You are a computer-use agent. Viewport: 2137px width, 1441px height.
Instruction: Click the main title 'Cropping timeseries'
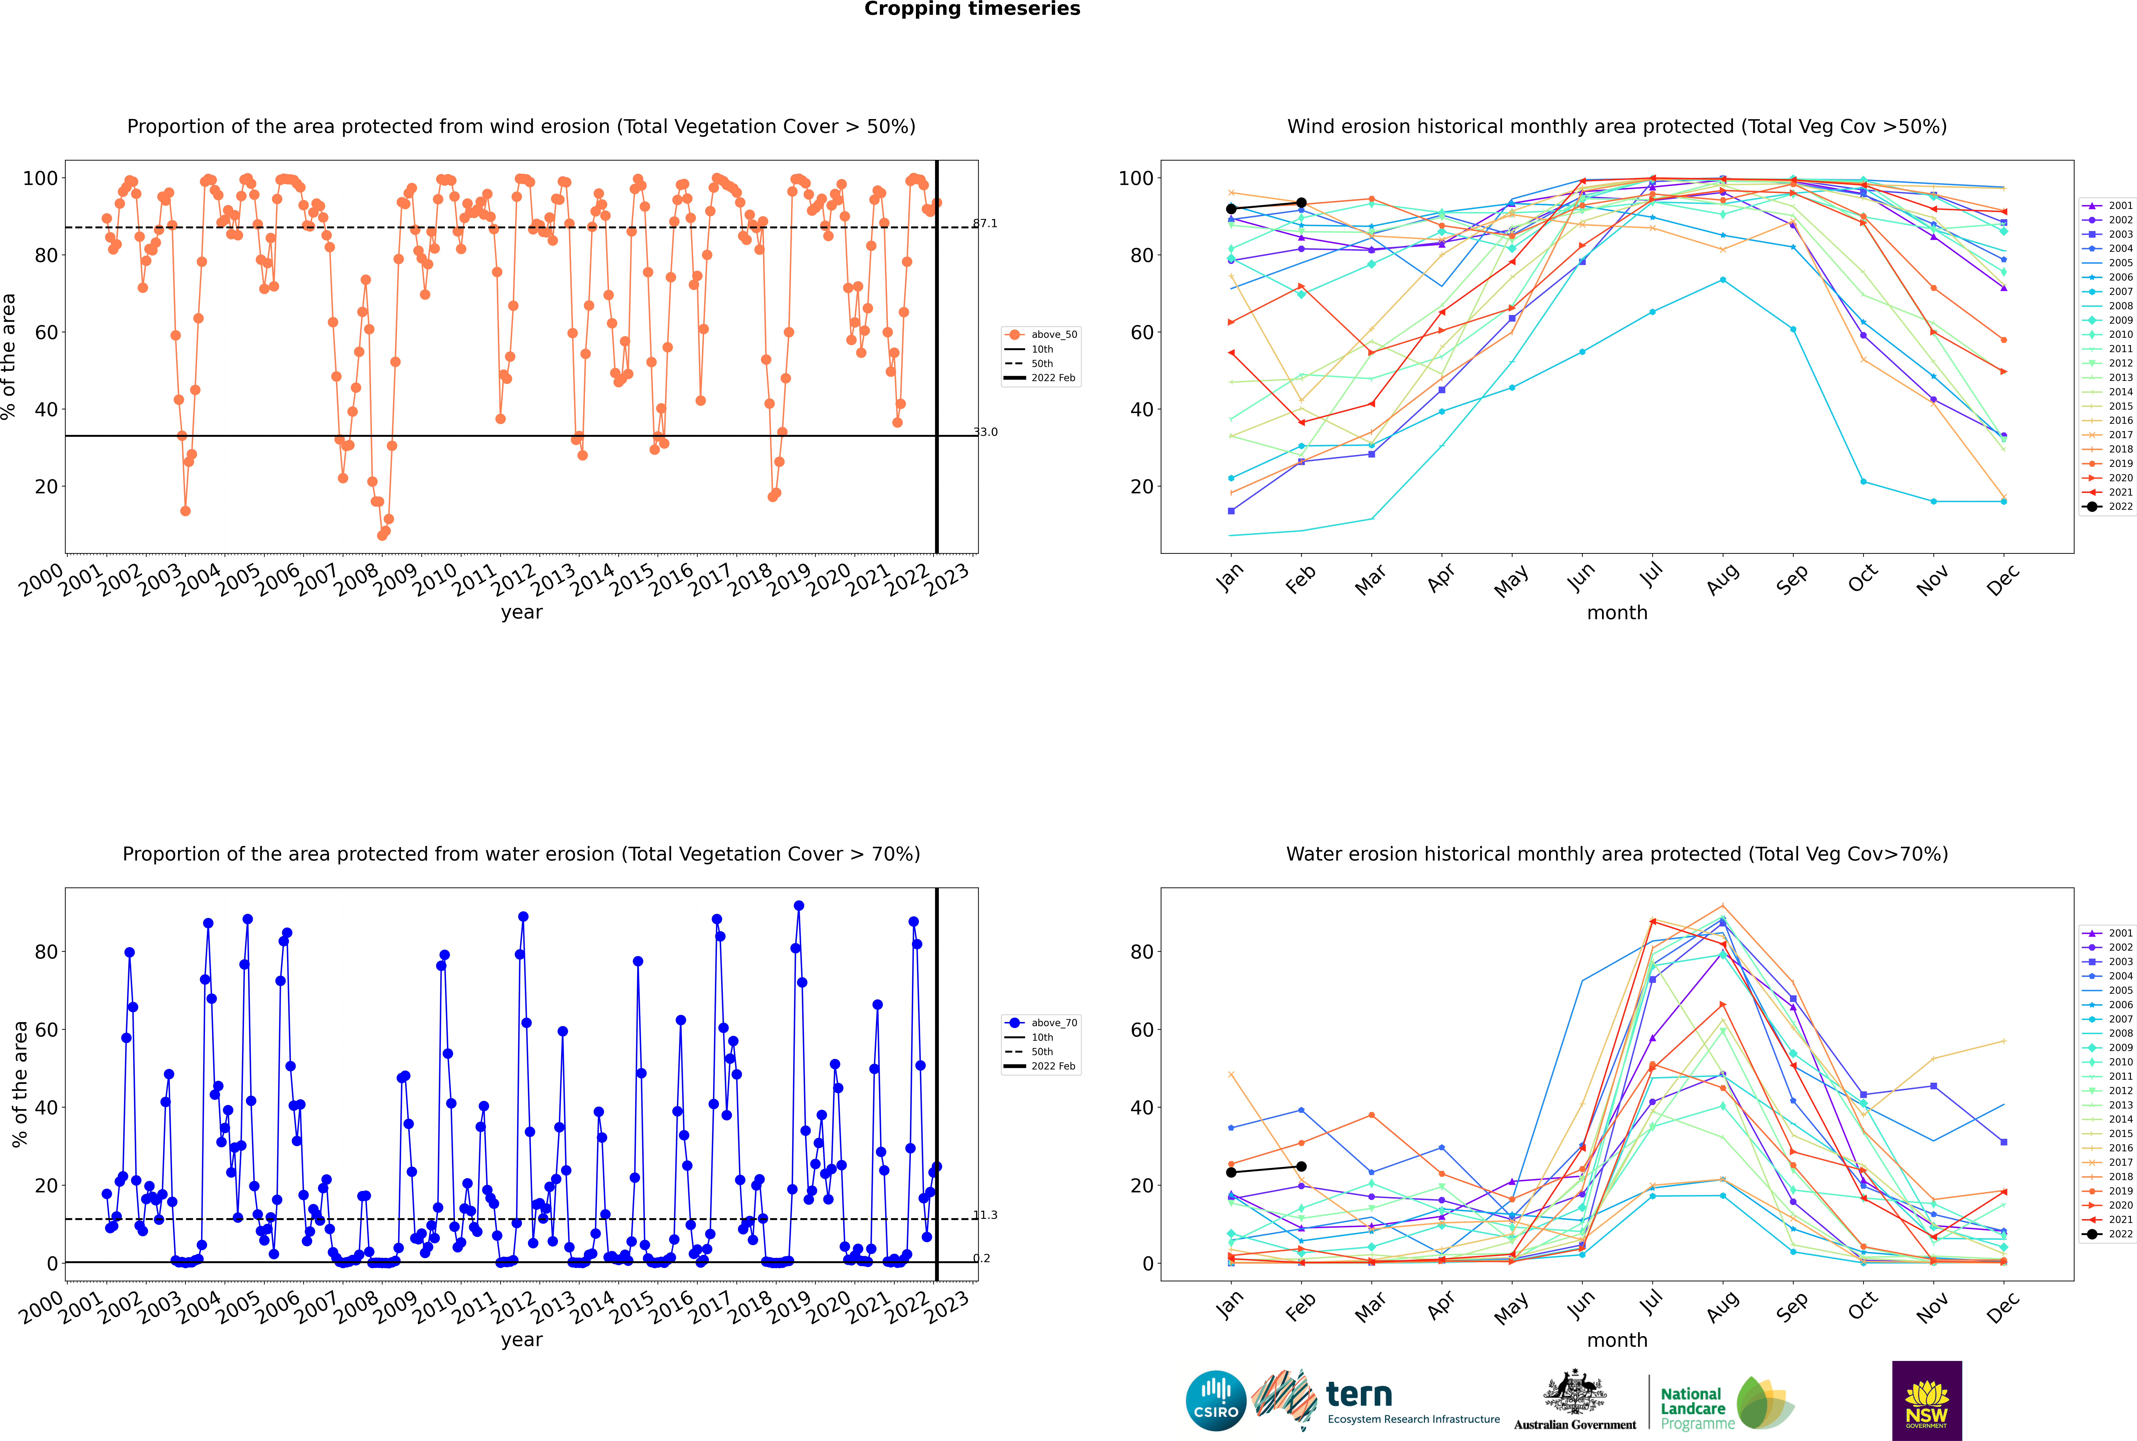972,9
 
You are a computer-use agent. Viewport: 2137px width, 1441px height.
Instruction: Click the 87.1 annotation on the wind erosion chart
985,223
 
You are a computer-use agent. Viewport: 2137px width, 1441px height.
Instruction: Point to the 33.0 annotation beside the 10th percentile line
985,432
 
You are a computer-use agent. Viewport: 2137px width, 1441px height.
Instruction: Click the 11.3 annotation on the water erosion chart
985,1215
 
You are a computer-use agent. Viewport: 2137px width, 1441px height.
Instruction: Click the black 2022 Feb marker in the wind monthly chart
1301,203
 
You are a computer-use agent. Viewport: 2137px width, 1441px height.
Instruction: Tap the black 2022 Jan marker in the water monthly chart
1231,1172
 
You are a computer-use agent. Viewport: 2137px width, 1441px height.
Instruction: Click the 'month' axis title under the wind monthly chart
1617,613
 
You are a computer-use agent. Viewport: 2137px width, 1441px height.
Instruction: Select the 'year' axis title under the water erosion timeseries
522,1340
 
